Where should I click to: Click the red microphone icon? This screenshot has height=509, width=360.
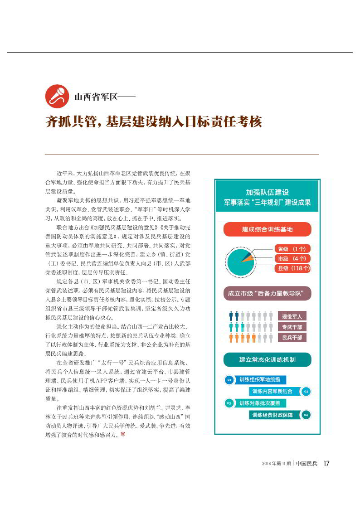[x=57, y=96]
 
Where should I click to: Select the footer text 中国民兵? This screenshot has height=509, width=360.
[x=306, y=463]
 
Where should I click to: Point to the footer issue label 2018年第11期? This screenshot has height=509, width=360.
[x=276, y=463]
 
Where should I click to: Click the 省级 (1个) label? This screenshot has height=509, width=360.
[x=292, y=249]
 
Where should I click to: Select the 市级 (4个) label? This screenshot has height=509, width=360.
[x=292, y=258]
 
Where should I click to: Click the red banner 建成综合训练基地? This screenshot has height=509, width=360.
[x=267, y=229]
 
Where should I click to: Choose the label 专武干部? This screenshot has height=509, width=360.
[x=292, y=327]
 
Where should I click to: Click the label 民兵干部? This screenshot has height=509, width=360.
[x=292, y=338]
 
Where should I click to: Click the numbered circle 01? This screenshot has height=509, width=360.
[x=229, y=379]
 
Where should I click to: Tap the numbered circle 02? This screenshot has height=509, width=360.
[x=306, y=391]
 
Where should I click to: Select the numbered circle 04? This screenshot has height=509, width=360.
[x=306, y=415]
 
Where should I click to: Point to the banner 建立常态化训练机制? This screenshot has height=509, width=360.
[x=267, y=359]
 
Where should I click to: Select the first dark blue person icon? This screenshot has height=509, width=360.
[x=231, y=315]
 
